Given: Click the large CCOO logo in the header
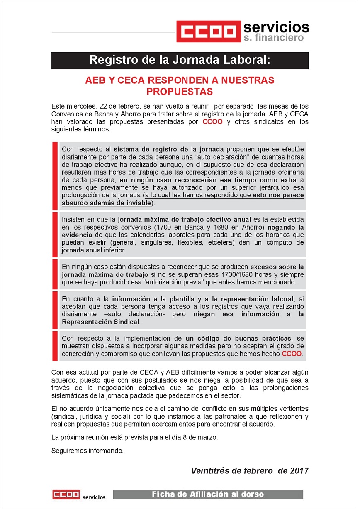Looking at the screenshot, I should coord(209,32).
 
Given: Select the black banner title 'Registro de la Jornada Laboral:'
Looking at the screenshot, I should coord(180,60).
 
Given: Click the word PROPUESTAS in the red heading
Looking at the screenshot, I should coord(180,91).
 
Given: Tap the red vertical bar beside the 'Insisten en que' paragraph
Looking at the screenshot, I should coord(55,235).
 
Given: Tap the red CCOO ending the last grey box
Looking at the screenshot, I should coord(292,354).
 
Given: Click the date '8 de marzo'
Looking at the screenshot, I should coord(202,438).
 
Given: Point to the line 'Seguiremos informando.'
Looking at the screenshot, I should coord(87,451).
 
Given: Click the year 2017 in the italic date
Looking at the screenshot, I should coord(299,471).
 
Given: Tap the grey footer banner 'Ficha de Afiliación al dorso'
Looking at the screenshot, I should coord(208,494).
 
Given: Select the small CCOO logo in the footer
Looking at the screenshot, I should coord(66,494).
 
